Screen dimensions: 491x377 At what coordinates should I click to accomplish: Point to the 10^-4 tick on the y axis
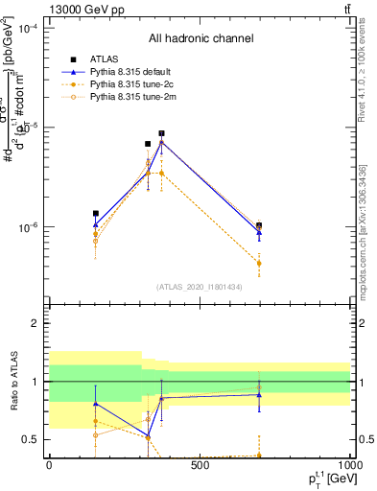[28, 28]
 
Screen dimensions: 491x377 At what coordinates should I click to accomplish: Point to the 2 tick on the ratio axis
[35, 323]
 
